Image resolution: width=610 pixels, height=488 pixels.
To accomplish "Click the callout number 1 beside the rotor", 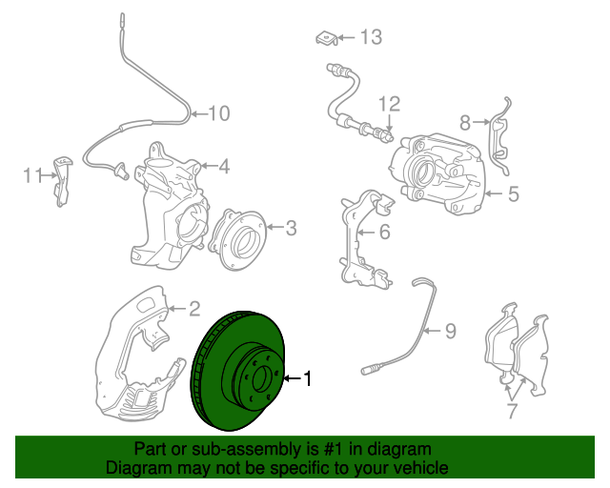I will [x=307, y=378].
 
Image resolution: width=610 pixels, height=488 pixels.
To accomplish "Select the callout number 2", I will [x=193, y=308].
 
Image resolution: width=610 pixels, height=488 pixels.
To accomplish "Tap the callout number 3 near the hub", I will [x=292, y=227].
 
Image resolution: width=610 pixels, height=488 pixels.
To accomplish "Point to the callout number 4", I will [x=224, y=168].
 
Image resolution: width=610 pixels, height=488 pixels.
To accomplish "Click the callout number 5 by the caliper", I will [x=513, y=194].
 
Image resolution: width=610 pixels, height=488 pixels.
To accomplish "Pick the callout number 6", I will [x=384, y=232].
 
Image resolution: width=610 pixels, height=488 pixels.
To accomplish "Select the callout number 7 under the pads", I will [x=511, y=411].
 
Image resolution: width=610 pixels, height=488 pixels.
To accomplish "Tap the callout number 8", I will [x=465, y=122].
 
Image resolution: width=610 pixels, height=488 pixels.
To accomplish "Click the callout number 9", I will [x=451, y=331].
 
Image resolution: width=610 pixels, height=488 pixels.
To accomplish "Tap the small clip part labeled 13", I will [x=326, y=38].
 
